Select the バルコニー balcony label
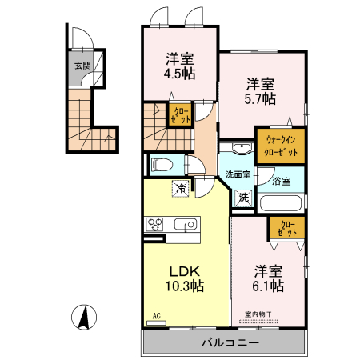pos(224,342)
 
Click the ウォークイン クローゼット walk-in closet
pos(280,146)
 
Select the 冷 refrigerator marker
pos(182,189)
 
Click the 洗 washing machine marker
pos(243,196)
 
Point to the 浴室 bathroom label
pos(281,181)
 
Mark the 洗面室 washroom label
pos(238,174)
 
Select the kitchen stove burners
pos(154,224)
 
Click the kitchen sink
pos(186,224)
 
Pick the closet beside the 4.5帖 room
pos(178,114)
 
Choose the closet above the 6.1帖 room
pos(286,229)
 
